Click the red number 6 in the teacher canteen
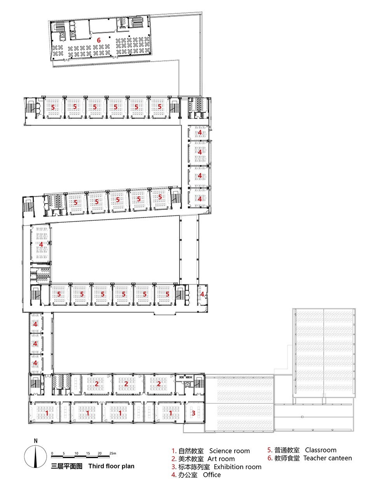(99, 40)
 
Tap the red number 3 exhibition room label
(193, 413)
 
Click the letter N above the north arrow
(36, 441)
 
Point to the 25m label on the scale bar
(113, 453)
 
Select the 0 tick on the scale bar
(52, 453)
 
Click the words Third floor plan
(112, 466)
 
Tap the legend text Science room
(229, 451)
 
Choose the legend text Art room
(221, 459)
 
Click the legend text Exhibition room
(237, 467)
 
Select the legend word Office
(212, 475)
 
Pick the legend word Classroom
(321, 450)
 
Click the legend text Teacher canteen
(328, 458)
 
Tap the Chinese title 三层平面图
(67, 466)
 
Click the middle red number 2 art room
(126, 384)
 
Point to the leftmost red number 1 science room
(47, 413)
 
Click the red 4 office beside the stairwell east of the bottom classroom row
(202, 294)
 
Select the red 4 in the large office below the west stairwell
(41, 244)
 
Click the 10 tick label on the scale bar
(76, 453)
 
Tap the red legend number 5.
(270, 450)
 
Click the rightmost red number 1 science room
(171, 413)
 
